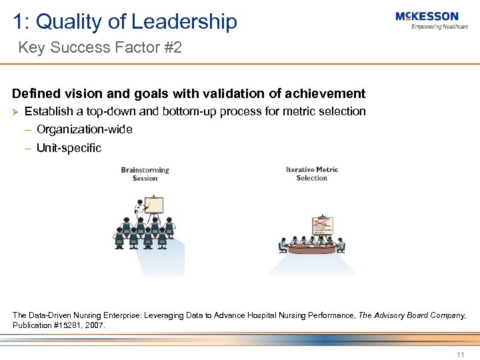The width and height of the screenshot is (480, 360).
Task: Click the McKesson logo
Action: coord(427,16)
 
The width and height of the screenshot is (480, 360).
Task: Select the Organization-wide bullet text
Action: coord(85,129)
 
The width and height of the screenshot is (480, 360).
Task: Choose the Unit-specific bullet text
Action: coord(69,148)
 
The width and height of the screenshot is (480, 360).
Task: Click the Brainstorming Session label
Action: coord(145,173)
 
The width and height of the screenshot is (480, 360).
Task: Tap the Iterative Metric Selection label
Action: coord(312,173)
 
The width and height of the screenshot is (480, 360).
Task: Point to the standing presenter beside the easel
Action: coord(139,211)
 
